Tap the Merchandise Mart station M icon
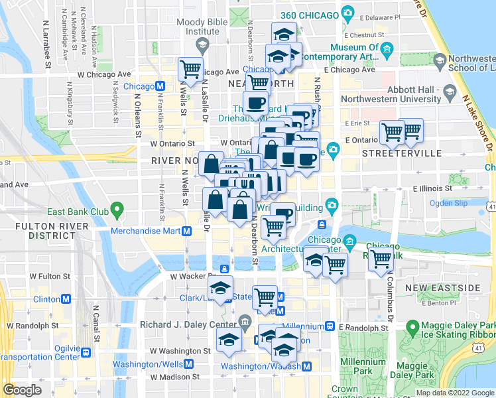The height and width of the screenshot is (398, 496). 187,231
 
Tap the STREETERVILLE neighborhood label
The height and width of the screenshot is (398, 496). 402,153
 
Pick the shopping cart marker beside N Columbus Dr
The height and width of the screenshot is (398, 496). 381,259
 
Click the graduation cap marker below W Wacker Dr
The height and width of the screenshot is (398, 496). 220,288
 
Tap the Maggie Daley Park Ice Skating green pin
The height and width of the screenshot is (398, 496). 412,327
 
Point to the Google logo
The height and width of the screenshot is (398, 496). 22,390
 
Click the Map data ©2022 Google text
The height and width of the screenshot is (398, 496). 455,393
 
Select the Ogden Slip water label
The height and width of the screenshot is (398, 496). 449,203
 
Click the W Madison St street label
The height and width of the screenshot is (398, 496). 174,377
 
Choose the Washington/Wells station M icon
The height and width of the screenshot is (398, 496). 189,364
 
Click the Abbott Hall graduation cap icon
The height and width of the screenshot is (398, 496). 452,91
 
